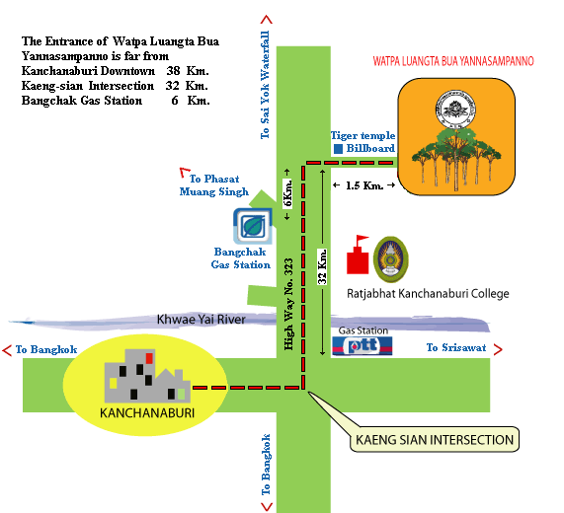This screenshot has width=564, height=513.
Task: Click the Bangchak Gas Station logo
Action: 248,226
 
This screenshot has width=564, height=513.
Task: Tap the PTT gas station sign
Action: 362,345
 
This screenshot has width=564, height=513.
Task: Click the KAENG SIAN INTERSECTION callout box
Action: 434,439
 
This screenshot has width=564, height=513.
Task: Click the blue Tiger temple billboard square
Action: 338,149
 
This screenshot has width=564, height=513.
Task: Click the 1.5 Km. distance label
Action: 363,185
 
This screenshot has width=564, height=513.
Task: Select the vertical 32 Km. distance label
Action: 323,266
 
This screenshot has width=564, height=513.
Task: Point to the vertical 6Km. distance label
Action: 288,193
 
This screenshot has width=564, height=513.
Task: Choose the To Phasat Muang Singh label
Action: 218,185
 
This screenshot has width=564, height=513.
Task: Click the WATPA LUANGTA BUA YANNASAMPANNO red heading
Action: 453,61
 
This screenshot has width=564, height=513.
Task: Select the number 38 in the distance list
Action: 174,72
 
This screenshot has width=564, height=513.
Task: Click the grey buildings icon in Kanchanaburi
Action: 141,375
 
